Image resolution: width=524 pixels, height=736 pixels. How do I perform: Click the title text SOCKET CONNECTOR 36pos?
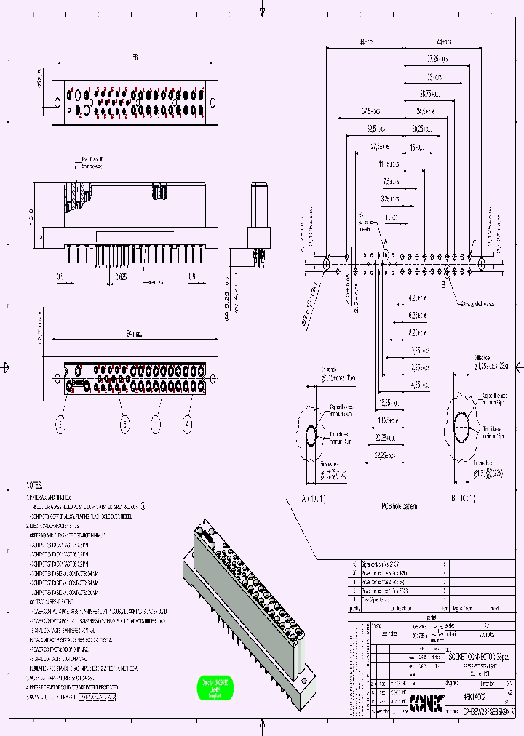point(478,656)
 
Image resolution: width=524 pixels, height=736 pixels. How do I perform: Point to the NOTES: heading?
point(34,485)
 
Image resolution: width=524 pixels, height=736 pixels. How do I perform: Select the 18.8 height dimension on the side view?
point(41,215)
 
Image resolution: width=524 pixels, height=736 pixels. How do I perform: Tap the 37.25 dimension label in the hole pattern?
point(437,57)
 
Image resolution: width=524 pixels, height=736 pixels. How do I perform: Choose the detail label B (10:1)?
point(462,499)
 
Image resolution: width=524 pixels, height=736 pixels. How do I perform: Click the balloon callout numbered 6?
point(124,423)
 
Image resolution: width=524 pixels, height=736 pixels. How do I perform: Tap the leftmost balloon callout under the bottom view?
point(61,423)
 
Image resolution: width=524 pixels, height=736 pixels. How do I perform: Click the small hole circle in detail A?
point(311,435)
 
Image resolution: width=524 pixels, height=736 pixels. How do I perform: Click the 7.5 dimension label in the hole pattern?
point(391,181)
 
